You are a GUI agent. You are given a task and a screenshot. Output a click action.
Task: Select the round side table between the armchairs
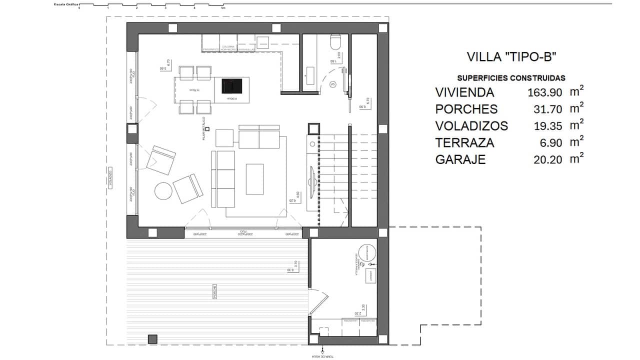click(162, 191)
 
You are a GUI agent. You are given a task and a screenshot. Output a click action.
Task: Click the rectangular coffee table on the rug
click(255, 179)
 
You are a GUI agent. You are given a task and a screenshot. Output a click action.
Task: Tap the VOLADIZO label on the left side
click(109, 180)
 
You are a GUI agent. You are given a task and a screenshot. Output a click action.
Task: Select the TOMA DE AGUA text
click(323, 356)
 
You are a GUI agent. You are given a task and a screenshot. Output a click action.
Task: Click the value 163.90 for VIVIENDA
click(545, 92)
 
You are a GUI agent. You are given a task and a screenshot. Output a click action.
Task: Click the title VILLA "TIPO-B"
click(511, 56)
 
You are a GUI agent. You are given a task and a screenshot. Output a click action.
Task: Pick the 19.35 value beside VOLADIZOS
click(548, 126)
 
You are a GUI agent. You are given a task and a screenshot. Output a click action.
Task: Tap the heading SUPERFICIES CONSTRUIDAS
click(511, 78)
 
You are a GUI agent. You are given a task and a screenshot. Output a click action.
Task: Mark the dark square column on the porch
click(152, 339)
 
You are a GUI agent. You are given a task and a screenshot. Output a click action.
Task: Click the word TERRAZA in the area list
click(464, 143)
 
